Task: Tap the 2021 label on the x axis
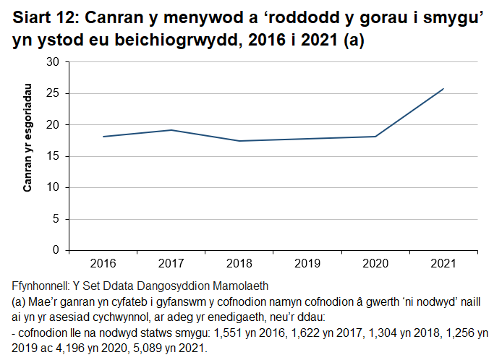[443, 262]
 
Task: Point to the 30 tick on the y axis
[52, 62]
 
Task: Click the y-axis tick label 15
[52, 156]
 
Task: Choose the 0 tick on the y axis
[55, 250]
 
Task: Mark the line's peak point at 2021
[443, 89]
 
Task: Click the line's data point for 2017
[171, 130]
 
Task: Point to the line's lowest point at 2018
[239, 141]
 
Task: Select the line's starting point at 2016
[103, 137]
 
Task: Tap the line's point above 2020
[375, 137]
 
